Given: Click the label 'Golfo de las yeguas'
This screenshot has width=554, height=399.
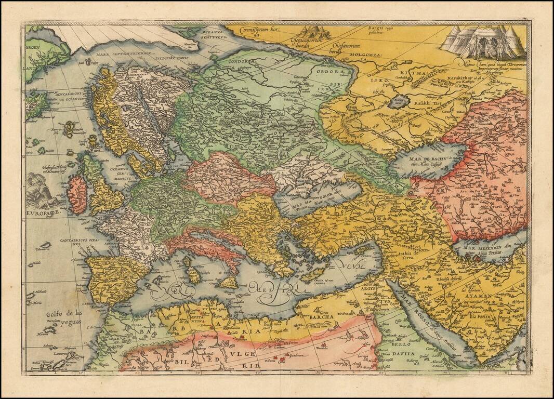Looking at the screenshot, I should coord(64,316).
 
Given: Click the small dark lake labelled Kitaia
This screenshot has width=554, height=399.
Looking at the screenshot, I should coord(399,102).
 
